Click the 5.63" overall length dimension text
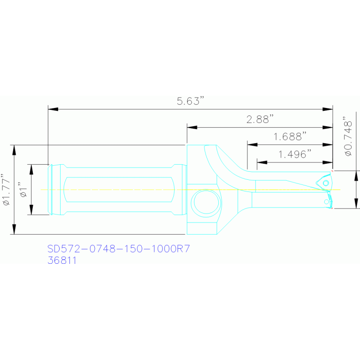click(190, 101)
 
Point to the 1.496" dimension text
click(295, 154)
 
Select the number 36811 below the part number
click(61, 260)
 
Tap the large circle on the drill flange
click(205, 202)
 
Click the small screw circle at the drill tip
click(326, 182)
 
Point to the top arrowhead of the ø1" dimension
click(31, 169)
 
